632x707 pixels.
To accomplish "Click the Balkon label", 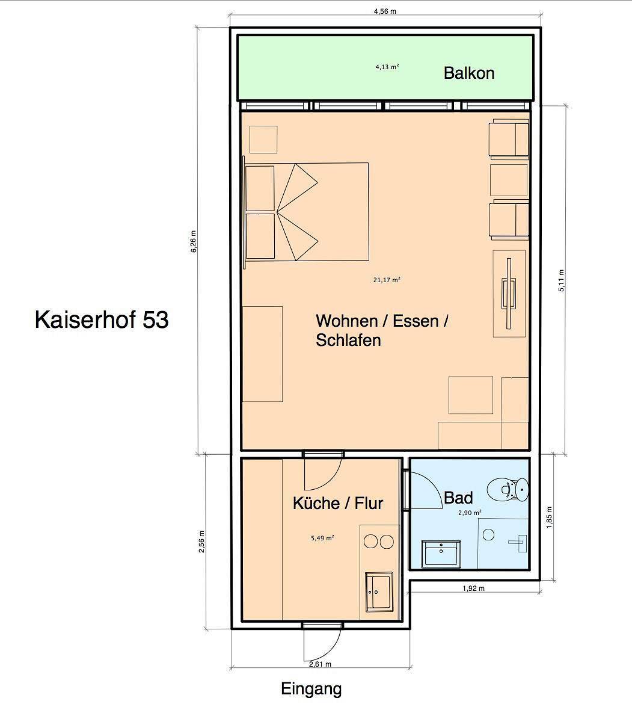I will click(x=469, y=73).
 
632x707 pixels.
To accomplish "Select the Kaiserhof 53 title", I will click(x=102, y=320).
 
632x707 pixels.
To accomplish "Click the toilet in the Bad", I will click(x=508, y=489).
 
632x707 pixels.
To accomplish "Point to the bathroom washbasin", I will click(x=442, y=553).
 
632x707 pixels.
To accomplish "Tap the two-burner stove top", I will click(x=378, y=541).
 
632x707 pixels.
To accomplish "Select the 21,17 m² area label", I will click(x=387, y=280).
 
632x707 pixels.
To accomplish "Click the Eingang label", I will click(x=311, y=689).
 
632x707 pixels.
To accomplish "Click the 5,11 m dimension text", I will click(x=562, y=280).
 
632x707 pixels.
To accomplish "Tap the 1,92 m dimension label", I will click(x=474, y=588).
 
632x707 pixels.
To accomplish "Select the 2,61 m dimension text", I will click(x=321, y=664).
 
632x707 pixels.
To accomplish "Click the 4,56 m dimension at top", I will click(x=385, y=11).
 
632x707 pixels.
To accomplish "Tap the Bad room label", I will click(x=458, y=498).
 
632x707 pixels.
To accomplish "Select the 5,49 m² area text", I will click(x=323, y=539).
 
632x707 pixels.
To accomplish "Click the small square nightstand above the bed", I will click(x=263, y=140).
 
